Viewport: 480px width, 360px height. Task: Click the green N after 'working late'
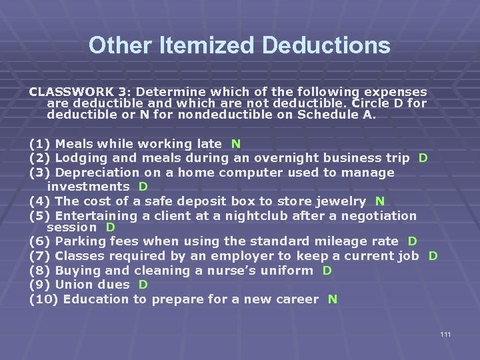tap(236, 143)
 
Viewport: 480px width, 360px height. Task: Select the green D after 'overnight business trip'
tap(423, 158)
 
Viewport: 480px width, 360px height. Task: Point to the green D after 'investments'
tap(143, 187)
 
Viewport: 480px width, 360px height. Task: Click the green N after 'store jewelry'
tap(380, 201)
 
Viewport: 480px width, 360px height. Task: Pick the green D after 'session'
tap(111, 227)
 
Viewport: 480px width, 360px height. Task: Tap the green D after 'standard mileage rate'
tap(413, 241)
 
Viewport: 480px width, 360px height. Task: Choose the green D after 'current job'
tap(433, 256)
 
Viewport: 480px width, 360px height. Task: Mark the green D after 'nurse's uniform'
tap(327, 271)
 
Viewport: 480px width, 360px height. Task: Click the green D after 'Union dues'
tap(143, 285)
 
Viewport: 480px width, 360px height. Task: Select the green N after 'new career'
tap(333, 299)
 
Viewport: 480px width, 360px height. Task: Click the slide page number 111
tap(445, 333)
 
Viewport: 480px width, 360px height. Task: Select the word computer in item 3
tap(242, 173)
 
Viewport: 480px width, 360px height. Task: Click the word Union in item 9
tap(73, 285)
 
